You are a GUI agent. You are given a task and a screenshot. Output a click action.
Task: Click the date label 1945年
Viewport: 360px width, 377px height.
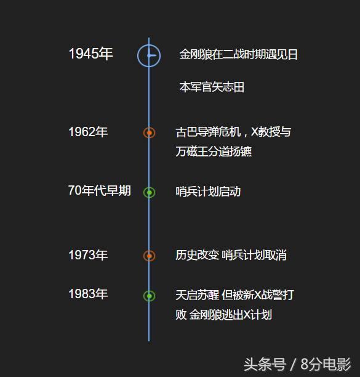coord(91,54)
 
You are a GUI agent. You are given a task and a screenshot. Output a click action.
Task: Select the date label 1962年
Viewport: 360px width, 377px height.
coord(88,132)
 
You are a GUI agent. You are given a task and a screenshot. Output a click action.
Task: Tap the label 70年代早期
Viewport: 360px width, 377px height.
coord(100,190)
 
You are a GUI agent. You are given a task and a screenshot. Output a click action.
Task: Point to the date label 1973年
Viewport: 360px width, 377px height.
coord(88,255)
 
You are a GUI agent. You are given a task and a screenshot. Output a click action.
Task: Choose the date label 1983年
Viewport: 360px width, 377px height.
coord(88,294)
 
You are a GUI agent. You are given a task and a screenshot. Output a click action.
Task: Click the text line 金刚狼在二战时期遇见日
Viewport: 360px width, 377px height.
coord(239,54)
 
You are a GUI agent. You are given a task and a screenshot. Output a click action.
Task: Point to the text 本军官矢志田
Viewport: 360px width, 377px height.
coord(212,87)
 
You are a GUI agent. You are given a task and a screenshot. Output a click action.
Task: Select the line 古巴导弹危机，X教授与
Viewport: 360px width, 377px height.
coord(233,132)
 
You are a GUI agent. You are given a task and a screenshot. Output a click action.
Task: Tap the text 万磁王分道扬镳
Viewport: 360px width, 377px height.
coord(214,152)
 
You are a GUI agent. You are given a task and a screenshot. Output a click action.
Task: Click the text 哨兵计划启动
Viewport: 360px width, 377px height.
coord(208,192)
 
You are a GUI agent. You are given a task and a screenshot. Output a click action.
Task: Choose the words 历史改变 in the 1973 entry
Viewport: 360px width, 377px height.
coord(197,255)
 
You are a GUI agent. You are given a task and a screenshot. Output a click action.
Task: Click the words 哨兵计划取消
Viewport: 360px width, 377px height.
coord(254,255)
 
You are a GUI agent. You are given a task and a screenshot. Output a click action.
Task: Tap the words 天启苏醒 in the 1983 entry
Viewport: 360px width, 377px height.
coord(197,295)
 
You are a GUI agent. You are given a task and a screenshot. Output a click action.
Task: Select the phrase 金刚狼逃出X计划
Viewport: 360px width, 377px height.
coord(231,315)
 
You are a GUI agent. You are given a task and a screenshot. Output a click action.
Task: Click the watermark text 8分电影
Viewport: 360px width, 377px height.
coord(326,364)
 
